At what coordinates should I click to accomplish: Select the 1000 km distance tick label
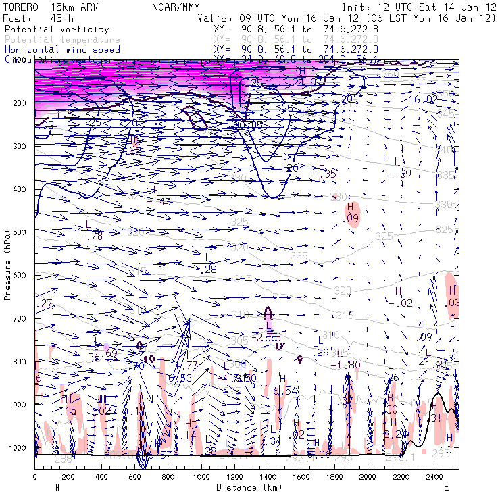(x=201, y=478)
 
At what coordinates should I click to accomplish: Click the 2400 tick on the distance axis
(x=434, y=478)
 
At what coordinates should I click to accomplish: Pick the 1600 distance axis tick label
(x=301, y=478)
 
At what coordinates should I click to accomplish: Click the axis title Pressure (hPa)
(x=8, y=264)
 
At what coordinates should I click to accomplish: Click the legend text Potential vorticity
(x=57, y=30)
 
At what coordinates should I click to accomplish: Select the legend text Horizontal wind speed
(x=62, y=49)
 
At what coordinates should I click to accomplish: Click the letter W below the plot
(x=57, y=487)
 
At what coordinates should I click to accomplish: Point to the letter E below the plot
(x=446, y=487)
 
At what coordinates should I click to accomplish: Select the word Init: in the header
(x=355, y=7)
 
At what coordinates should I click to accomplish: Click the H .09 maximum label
(x=351, y=213)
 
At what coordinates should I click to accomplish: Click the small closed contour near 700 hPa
(x=269, y=312)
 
